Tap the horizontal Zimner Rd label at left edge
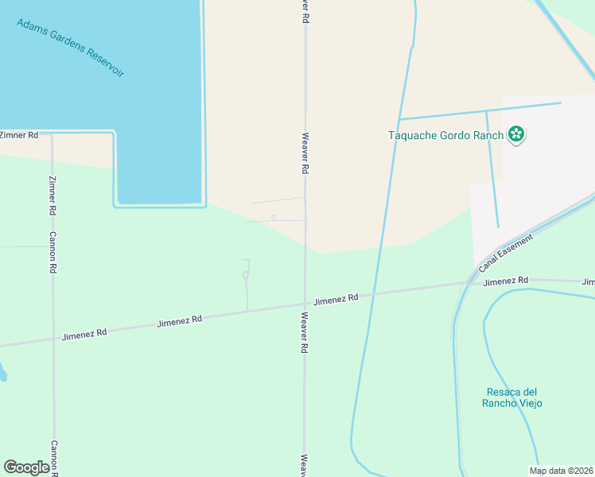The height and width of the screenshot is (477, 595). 19,135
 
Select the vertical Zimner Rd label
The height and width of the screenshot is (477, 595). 52,196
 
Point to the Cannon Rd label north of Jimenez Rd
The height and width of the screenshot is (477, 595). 52,253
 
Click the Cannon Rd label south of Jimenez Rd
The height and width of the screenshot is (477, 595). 54,458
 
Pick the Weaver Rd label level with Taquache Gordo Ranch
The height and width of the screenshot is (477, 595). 305,153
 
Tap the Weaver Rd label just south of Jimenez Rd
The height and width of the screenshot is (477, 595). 305,332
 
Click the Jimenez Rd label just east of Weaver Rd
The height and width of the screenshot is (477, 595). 336,299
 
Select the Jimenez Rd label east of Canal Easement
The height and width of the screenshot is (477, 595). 505,281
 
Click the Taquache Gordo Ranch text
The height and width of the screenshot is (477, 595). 445,135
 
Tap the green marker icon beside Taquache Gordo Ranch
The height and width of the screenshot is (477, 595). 517,135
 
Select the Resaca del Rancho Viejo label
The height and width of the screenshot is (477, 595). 511,397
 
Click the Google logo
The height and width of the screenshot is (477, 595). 26,467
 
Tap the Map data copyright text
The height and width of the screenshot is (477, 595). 562,471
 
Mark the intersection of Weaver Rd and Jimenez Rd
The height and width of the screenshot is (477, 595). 305,303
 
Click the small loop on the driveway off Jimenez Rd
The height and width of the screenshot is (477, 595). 246,275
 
